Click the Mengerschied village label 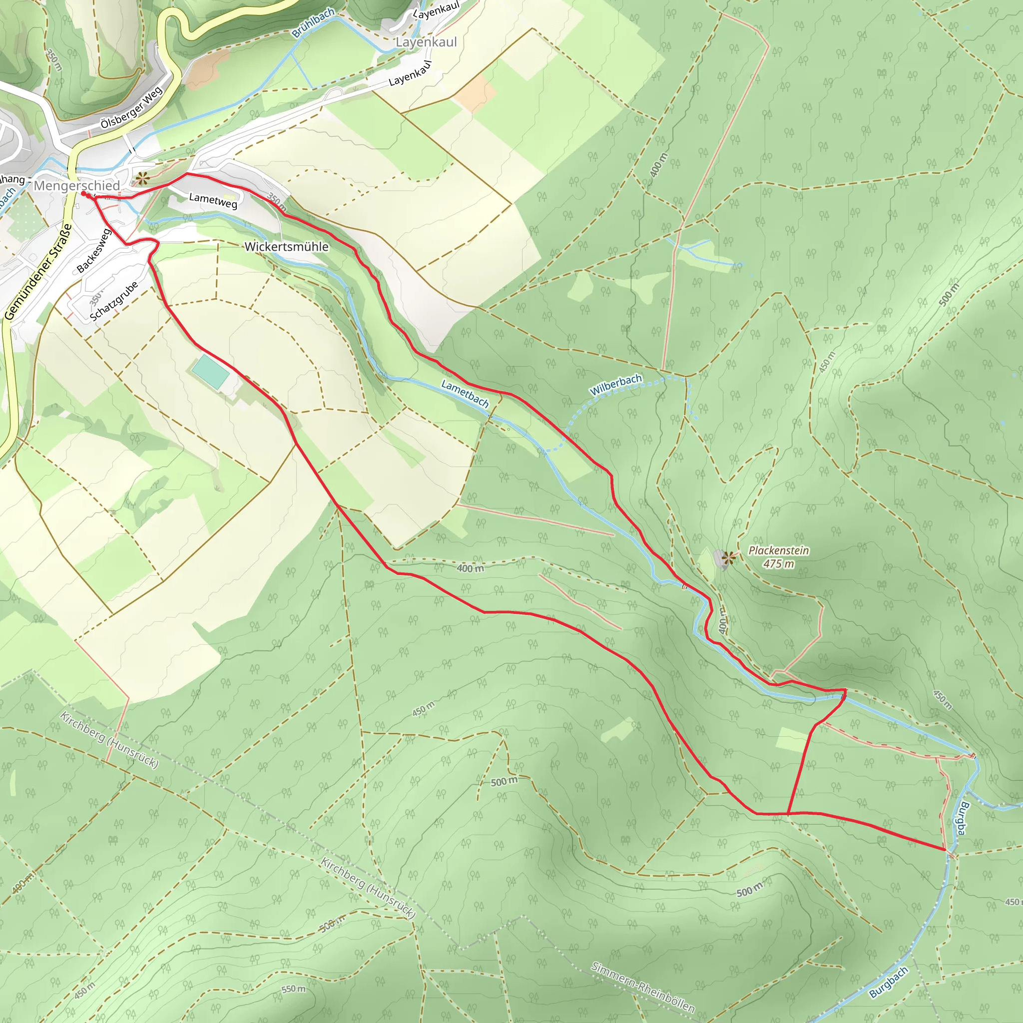pyautogui.click(x=77, y=186)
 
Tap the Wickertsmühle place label pyautogui.click(x=286, y=247)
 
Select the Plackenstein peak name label pyautogui.click(x=778, y=550)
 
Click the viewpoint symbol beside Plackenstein pyautogui.click(x=729, y=557)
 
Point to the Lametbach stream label pyautogui.click(x=465, y=394)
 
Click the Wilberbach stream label pyautogui.click(x=616, y=385)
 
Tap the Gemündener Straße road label pyautogui.click(x=38, y=272)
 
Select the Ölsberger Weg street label pyautogui.click(x=131, y=108)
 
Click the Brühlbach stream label pyautogui.click(x=314, y=23)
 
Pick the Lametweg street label pyautogui.click(x=213, y=200)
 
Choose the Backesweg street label pyautogui.click(x=94, y=250)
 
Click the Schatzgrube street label pyautogui.click(x=114, y=301)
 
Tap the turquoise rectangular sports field pyautogui.click(x=210, y=372)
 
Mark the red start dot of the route pyautogui.click(x=83, y=194)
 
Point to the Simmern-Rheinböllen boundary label pyautogui.click(x=642, y=987)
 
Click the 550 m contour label pyautogui.click(x=293, y=989)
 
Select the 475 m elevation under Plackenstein pyautogui.click(x=778, y=564)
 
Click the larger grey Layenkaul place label pyautogui.click(x=426, y=42)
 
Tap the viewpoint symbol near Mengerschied pyautogui.click(x=141, y=178)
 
